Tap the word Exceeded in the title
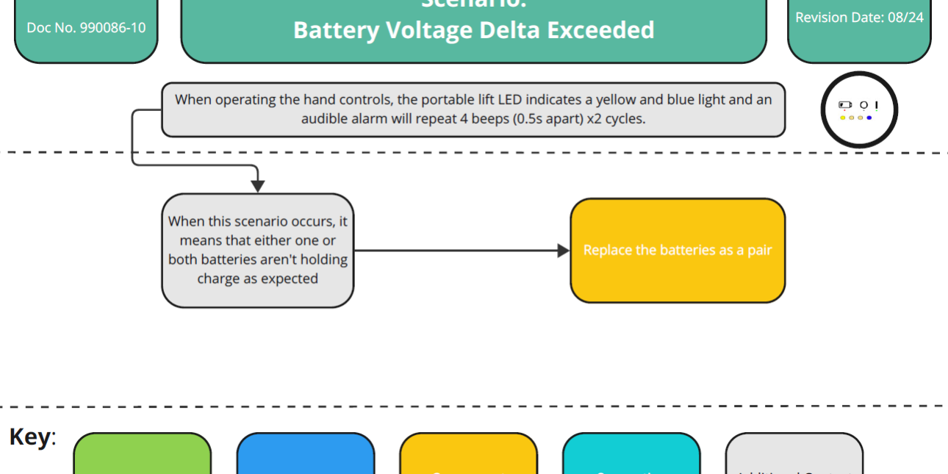604,30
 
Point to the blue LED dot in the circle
869,118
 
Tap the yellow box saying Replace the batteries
678,251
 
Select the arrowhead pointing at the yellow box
564,251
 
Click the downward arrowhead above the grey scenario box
258,186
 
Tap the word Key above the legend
30,437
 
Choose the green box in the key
142,456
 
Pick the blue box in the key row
305,456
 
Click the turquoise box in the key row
631,456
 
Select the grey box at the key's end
794,456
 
